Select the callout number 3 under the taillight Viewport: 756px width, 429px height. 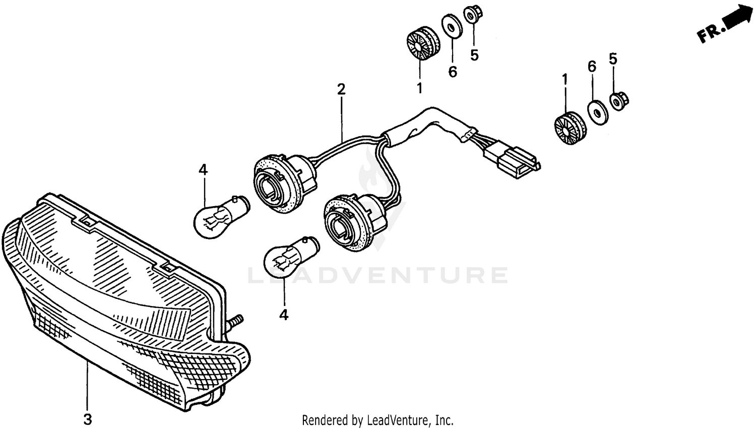pos(87,418)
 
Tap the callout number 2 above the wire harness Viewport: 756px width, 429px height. pos(341,90)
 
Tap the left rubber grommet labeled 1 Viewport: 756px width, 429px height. pos(421,44)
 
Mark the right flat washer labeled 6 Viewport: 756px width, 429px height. pos(598,111)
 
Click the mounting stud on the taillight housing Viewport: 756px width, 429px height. pos(236,322)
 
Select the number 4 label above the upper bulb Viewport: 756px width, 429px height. pos(203,170)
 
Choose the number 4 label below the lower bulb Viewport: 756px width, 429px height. pos(284,316)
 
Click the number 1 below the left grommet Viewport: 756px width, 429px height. pos(419,89)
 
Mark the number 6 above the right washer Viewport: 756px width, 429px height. pos(592,66)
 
